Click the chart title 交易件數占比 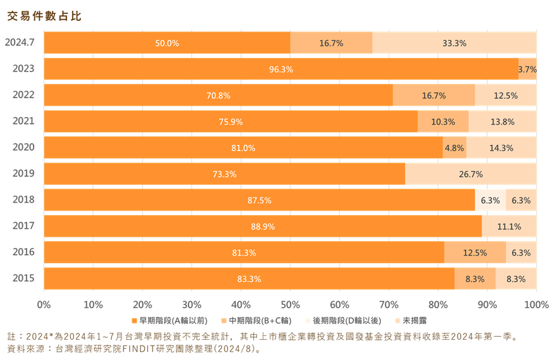[x=44, y=16]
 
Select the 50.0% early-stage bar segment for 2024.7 [x=167, y=43]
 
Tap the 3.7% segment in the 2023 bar [x=527, y=69]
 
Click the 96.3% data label [x=281, y=70]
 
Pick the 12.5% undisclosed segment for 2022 [x=506, y=96]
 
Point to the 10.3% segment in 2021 [x=443, y=121]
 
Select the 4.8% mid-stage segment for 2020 [x=454, y=147]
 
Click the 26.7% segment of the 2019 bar [x=471, y=174]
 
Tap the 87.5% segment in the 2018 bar [x=259, y=200]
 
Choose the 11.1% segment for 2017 [x=509, y=227]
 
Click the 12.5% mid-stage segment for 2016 [x=475, y=252]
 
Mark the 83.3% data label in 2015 [x=249, y=279]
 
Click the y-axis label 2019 [x=23, y=173]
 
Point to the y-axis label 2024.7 [x=20, y=42]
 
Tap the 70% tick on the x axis [x=389, y=305]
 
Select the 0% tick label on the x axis [x=44, y=305]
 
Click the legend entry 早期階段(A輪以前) [x=170, y=321]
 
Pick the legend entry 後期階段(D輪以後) [x=343, y=321]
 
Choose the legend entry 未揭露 [x=411, y=321]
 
